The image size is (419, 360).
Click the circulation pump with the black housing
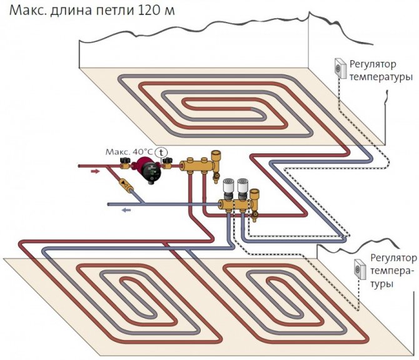click(x=148, y=172)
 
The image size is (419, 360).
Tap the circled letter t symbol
click(x=161, y=152)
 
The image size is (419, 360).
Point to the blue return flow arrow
click(x=126, y=210)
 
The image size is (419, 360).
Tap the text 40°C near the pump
click(x=141, y=152)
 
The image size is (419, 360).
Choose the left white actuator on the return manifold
click(x=229, y=187)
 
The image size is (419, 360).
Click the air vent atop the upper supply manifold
click(x=216, y=157)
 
